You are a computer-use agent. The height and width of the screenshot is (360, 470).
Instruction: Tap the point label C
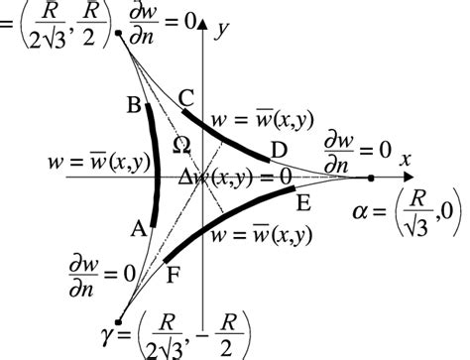pyautogui.click(x=185, y=97)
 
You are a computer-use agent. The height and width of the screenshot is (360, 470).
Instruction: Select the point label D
pyautogui.click(x=280, y=149)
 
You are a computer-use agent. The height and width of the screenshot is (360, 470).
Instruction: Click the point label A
pyautogui.click(x=138, y=227)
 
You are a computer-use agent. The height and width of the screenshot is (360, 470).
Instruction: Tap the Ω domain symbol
pyautogui.click(x=180, y=145)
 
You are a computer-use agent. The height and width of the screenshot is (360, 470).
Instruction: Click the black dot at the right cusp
pyautogui.click(x=370, y=179)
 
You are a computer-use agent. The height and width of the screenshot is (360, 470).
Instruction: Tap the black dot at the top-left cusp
pyautogui.click(x=118, y=33)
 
